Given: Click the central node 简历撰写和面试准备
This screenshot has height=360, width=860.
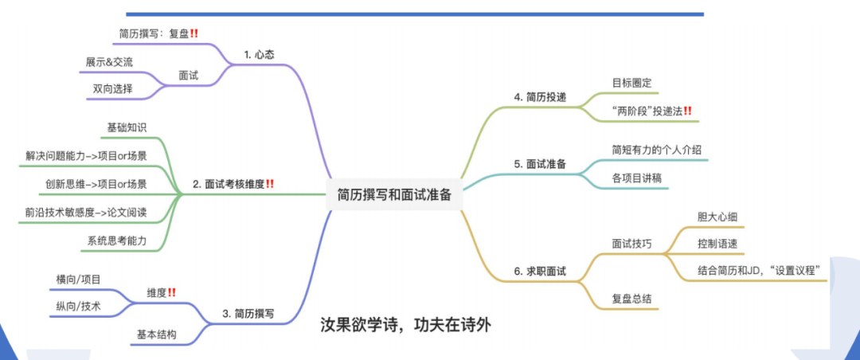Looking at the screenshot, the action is click(394, 194).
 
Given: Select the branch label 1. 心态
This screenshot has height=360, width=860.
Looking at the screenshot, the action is click(260, 55).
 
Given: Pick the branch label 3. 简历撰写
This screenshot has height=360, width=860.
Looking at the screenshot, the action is click(248, 314).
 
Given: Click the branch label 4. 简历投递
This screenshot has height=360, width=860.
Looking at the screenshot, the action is click(540, 97).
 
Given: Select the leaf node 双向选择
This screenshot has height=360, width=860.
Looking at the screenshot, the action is click(112, 88).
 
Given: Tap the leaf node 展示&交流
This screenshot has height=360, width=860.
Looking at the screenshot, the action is click(109, 62).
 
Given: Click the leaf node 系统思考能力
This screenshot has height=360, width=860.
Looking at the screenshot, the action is click(117, 241).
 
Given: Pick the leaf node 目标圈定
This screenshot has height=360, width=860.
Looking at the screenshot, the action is click(631, 81).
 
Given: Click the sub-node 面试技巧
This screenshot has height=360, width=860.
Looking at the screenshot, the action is click(631, 244).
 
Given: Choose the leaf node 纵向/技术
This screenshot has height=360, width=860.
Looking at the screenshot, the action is click(79, 305).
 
